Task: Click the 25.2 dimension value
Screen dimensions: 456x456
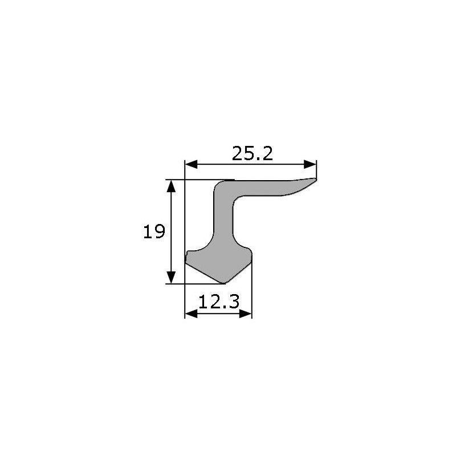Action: point(253,153)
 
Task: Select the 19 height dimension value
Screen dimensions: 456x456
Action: point(154,231)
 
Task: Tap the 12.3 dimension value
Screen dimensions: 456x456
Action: point(219,302)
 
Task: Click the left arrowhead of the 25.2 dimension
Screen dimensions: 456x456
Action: point(191,164)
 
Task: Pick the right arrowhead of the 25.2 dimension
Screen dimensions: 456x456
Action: point(310,164)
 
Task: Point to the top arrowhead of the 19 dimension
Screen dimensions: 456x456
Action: point(172,186)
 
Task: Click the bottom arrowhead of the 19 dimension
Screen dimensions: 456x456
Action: point(172,278)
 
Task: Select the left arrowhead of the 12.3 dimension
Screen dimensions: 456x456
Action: point(191,313)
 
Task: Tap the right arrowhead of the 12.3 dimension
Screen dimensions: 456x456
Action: point(246,313)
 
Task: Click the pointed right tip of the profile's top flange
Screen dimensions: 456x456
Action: point(316,178)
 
